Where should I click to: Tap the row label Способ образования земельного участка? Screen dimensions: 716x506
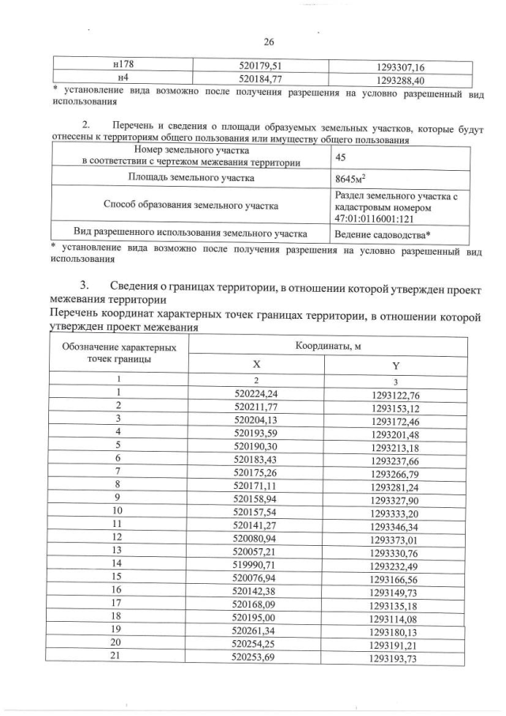(191, 206)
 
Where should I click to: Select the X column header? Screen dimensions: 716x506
(256, 366)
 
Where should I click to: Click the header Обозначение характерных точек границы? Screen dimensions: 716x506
(119, 354)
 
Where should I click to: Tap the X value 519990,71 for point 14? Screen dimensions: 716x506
(256, 563)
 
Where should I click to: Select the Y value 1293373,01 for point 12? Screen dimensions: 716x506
(395, 538)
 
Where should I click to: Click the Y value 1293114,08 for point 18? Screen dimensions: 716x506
(395, 616)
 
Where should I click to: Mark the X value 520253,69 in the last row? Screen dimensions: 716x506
(256, 657)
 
